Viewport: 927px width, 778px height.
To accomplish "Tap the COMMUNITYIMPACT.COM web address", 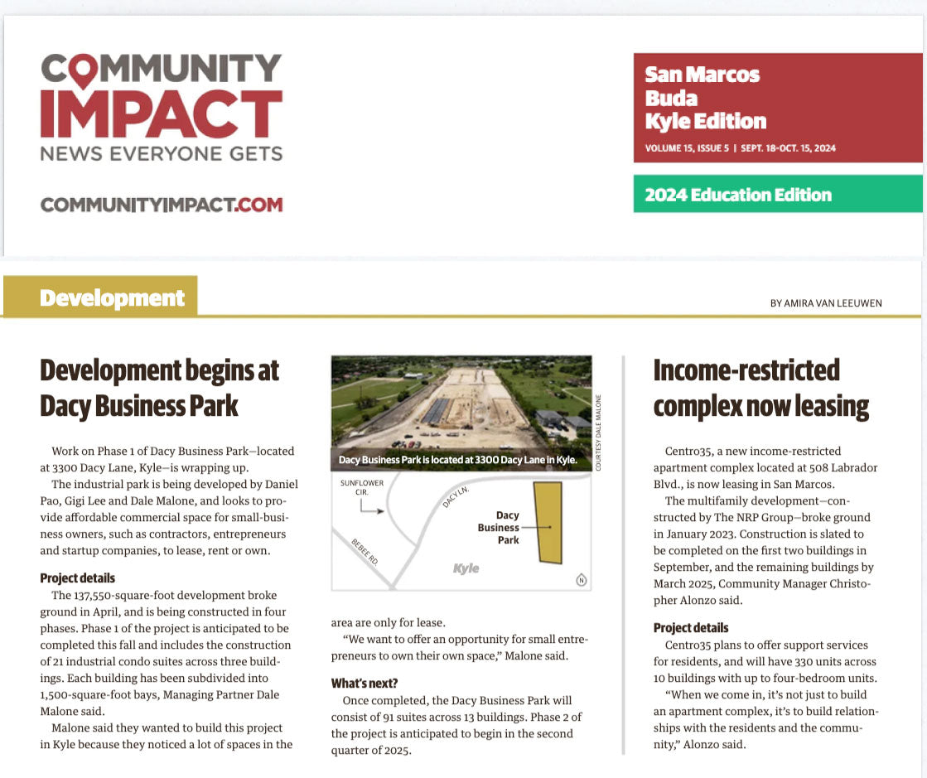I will [x=162, y=204].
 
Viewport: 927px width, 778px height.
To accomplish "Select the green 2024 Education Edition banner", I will [x=777, y=195].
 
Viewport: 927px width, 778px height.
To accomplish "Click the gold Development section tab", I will [x=101, y=297].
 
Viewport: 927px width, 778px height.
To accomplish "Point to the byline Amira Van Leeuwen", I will [x=825, y=303].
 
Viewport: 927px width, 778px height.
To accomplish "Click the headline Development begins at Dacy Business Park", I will [x=159, y=388].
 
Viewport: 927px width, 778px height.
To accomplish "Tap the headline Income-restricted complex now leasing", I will [x=760, y=388].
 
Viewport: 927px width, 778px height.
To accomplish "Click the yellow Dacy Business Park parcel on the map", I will [x=548, y=522].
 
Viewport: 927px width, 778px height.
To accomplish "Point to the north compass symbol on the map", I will [x=581, y=579].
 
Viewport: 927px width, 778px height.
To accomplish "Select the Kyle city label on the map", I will [x=466, y=569].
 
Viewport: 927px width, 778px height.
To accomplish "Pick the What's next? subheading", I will [x=364, y=684].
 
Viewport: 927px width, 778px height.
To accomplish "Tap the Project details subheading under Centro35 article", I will [x=691, y=628].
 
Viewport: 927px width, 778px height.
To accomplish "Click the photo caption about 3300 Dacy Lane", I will [x=457, y=460].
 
